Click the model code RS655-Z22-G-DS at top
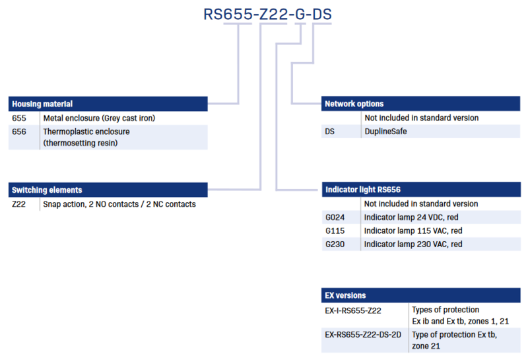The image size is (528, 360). pos(268,14)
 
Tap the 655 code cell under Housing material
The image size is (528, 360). pos(19,118)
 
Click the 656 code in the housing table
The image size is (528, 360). pos(19,131)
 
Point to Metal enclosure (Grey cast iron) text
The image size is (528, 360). pos(99,118)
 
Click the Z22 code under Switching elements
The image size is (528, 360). pos(18,204)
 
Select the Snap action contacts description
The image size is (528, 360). pos(119,204)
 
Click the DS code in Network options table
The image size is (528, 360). pos(329,131)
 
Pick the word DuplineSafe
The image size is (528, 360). pos(385,131)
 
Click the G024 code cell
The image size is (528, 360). pos(335,217)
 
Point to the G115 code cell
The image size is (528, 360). pos(335,231)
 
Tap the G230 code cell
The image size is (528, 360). pos(335,244)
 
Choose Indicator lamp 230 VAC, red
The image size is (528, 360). pos(413,244)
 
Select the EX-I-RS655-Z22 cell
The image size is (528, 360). pos(353,310)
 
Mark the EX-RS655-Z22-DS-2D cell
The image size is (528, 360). pos(363,335)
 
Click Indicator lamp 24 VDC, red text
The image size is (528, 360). pos(411,217)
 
